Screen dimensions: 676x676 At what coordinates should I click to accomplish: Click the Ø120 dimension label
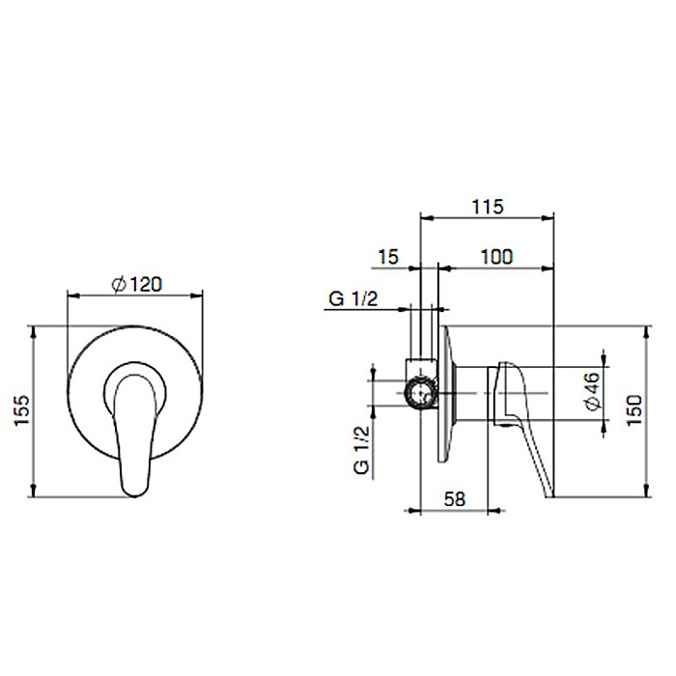coord(135,284)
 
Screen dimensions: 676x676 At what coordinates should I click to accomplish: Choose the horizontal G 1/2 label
coord(352,300)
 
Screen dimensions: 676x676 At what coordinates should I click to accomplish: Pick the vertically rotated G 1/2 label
coord(362,449)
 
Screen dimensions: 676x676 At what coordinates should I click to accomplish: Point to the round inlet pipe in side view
coord(421,392)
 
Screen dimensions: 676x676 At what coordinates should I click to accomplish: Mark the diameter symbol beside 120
coord(116,284)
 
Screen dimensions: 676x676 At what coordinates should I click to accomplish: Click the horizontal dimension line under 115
coord(486,219)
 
